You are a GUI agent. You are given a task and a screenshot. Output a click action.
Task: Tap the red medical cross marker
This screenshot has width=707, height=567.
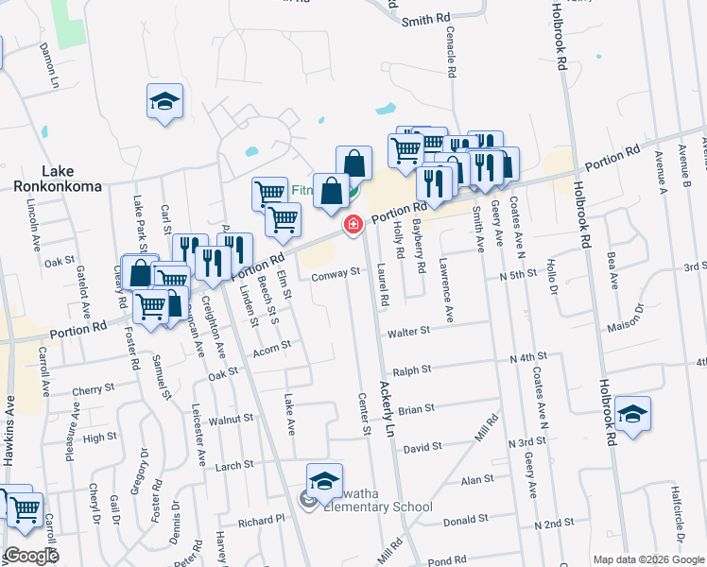pos(353,224)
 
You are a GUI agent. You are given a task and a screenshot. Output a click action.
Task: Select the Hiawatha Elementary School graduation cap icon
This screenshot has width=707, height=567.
pos(324,482)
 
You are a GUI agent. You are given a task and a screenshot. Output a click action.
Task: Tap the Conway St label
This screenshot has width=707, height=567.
pos(337,273)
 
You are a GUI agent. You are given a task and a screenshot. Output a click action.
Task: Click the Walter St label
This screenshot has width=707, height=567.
pos(408,332)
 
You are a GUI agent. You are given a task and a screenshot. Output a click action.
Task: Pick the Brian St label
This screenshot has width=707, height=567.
pos(415,409)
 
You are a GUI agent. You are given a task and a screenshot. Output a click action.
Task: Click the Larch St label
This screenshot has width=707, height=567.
pos(234,465)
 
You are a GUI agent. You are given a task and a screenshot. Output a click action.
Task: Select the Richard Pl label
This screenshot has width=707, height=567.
pos(261,520)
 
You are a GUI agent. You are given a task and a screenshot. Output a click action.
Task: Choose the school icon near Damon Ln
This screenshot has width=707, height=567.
pos(164,102)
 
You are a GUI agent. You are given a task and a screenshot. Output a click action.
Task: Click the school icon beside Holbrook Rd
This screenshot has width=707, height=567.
pos(632,414)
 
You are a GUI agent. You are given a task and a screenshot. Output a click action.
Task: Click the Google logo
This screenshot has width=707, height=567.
pos(30,556)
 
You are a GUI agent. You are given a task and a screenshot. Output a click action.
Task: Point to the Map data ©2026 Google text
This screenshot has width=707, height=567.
pos(647,559)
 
